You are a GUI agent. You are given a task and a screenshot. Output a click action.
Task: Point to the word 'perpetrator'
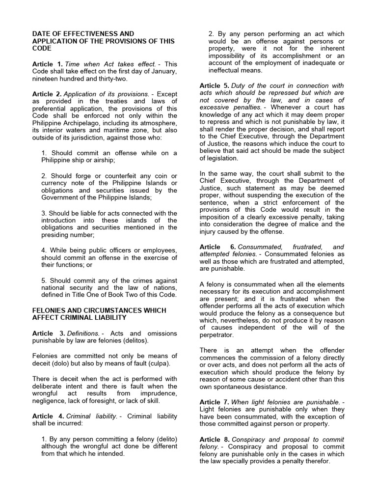click(x=220, y=335)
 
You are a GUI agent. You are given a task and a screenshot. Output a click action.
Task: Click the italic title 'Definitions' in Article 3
click(x=82, y=334)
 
